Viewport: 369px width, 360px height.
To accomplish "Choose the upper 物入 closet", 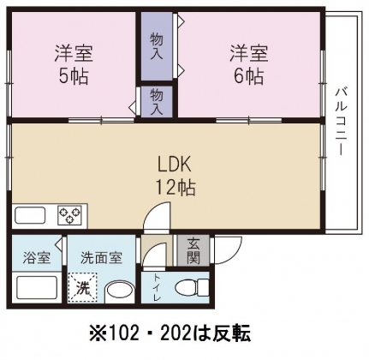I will pyautogui.click(x=157, y=46).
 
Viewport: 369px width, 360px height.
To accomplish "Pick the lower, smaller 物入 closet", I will pyautogui.click(x=157, y=102).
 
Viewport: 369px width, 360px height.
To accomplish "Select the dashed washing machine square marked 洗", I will pyautogui.click(x=84, y=286).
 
